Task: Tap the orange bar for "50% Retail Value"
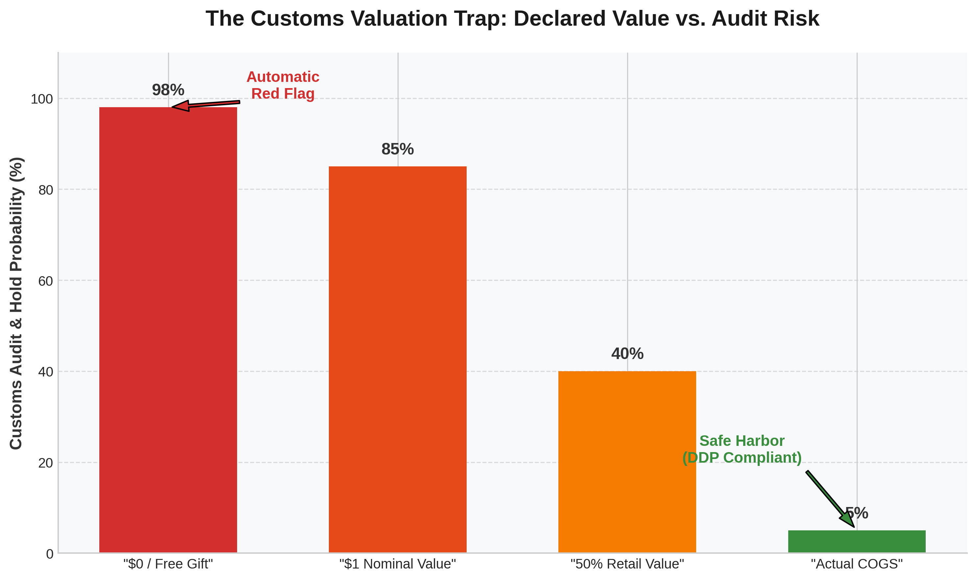click(x=627, y=462)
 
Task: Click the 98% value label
click(x=168, y=90)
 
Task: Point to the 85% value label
click(x=397, y=149)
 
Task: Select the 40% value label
click(x=627, y=353)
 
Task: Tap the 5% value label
click(x=857, y=513)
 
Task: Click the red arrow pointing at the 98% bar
click(x=206, y=105)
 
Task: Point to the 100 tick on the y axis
click(x=42, y=99)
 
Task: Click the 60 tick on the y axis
click(x=45, y=281)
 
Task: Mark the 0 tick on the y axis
click(x=49, y=554)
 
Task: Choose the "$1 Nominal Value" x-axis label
click(x=397, y=564)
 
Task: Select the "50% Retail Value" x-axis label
click(x=627, y=564)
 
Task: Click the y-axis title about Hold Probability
click(x=16, y=303)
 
